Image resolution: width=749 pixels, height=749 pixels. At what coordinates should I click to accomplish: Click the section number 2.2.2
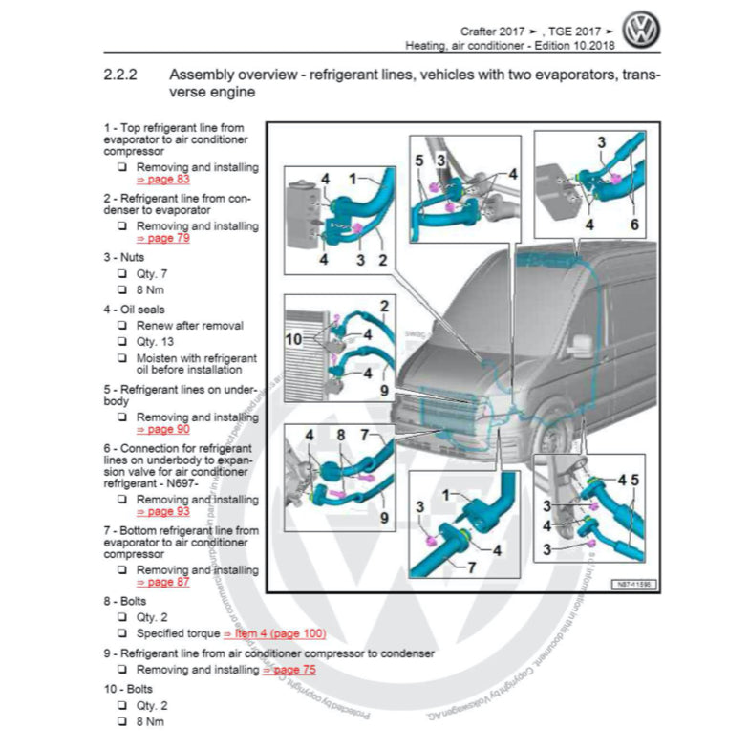pos(123,74)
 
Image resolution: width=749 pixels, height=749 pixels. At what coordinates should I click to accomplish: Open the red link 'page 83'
pos(163,179)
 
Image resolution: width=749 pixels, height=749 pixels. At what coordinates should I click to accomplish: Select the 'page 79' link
pos(163,238)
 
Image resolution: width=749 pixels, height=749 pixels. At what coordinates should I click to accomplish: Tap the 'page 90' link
pos(163,429)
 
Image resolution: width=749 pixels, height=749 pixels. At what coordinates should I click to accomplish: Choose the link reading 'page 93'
pos(163,511)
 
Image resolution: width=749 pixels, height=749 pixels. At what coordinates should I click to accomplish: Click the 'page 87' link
pos(163,582)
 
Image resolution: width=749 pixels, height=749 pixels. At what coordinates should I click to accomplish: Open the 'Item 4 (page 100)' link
pos(274,633)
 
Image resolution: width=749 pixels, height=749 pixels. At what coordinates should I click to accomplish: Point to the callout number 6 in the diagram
pos(633,225)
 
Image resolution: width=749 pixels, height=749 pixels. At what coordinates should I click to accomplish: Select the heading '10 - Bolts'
pos(128,688)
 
